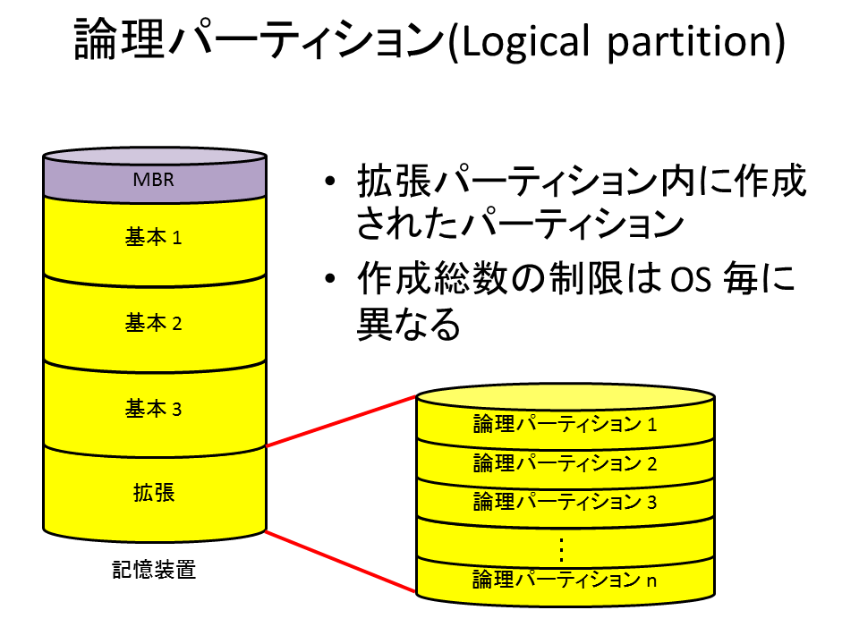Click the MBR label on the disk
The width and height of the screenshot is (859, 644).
coord(153,180)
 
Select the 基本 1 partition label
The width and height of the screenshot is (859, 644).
coord(153,238)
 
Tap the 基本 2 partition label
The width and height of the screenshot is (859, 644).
coord(153,323)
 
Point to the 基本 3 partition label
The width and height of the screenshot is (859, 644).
coord(153,409)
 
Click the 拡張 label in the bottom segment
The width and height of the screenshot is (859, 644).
coord(154,492)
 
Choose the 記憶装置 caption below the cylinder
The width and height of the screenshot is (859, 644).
coord(154,570)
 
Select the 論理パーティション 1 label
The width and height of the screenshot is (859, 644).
coord(565,424)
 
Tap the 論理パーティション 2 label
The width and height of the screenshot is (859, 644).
coord(565,463)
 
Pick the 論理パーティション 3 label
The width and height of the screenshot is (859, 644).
coord(565,502)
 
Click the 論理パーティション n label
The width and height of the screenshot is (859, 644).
coord(565,580)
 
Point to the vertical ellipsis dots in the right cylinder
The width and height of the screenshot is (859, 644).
coord(562,550)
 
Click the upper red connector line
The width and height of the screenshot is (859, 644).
coord(341,421)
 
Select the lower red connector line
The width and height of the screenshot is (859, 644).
coord(341,562)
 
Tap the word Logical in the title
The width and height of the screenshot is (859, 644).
coord(526,42)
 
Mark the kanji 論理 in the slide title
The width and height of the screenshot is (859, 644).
coord(119,38)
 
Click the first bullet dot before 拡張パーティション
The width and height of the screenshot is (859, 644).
coord(330,181)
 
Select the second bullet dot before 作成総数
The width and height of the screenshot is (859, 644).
coord(330,278)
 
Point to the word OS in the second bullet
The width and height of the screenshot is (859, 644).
coord(692,279)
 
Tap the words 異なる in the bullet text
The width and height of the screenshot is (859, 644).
coord(409,323)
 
